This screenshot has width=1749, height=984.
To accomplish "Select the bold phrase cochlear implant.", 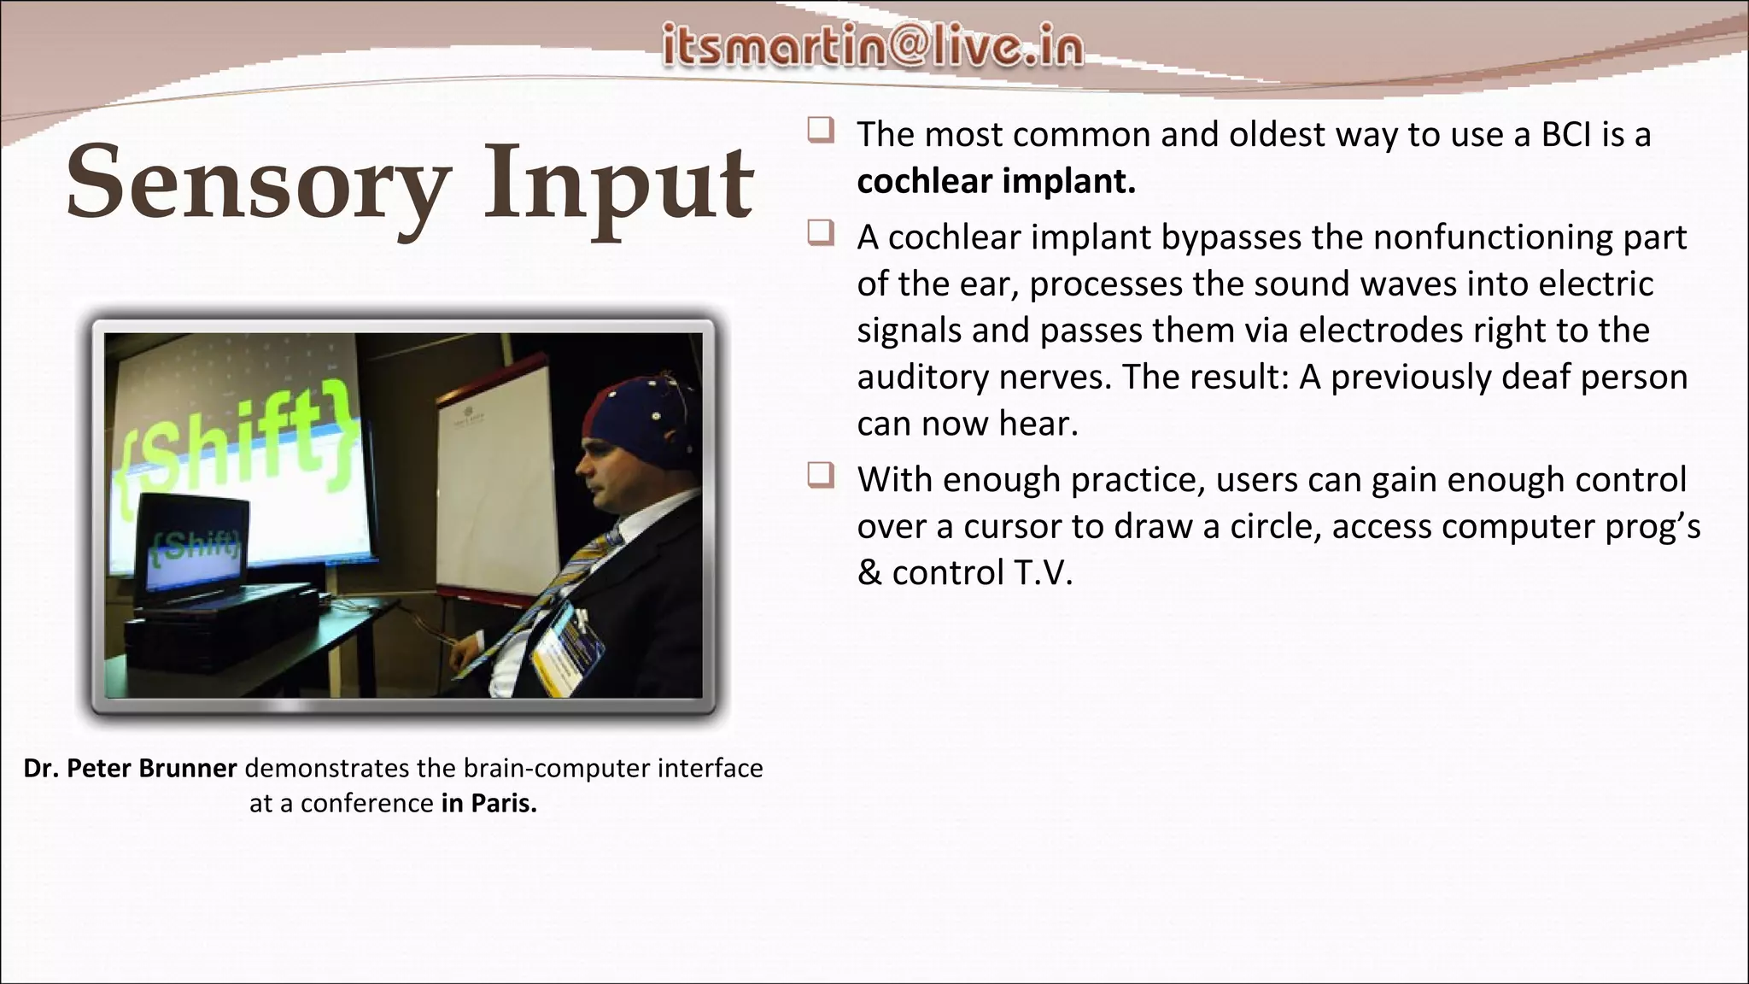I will (x=996, y=182).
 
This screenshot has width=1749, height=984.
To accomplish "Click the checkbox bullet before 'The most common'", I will (x=821, y=131).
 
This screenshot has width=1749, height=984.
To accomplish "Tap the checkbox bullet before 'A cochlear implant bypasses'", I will (x=821, y=233).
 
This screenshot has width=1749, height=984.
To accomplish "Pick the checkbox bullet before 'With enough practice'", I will (x=821, y=476).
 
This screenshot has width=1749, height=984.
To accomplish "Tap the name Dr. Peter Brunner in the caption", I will (x=130, y=769).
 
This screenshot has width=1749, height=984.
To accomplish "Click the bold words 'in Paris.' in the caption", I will (x=488, y=804).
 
